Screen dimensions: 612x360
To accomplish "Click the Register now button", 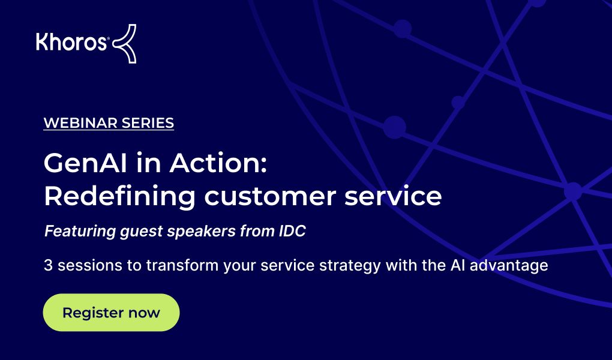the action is coord(111,313).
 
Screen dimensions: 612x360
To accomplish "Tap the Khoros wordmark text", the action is coord(71,42).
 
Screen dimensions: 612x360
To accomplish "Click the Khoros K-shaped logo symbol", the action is coord(125,43).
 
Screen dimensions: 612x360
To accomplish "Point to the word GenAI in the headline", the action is coord(85,163).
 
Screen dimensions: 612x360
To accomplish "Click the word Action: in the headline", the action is coord(218,163).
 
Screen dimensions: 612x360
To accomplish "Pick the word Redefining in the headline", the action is coord(119,196).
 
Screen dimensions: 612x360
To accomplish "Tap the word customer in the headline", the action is coord(270,196).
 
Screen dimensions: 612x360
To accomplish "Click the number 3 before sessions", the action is coord(48,266).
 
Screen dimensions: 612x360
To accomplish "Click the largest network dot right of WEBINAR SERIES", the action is coord(394,127).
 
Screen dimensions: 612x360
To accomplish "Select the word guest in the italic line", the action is coord(141,232).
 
